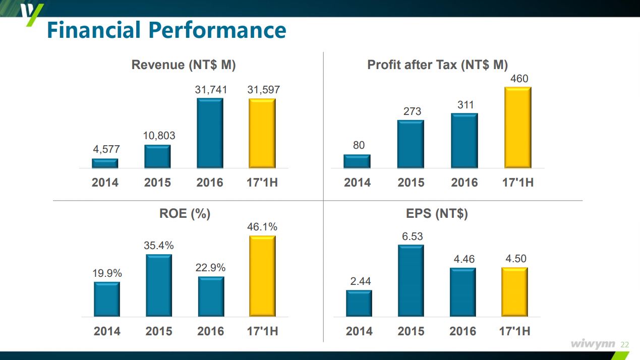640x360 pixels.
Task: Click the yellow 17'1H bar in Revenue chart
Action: click(x=262, y=133)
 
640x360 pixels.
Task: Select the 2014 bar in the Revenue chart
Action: click(x=105, y=163)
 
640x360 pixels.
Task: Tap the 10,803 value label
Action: click(x=158, y=136)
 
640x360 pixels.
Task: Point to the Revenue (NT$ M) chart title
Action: click(x=184, y=65)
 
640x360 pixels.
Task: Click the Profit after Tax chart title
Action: click(x=437, y=65)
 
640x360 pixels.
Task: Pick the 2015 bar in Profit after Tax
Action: click(x=411, y=144)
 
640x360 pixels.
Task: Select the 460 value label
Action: click(x=519, y=79)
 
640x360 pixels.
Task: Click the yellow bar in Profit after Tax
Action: click(x=518, y=128)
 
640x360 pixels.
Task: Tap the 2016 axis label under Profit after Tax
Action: click(x=464, y=183)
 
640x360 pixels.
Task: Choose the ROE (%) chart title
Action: click(x=185, y=214)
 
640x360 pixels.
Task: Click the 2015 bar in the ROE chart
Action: click(x=159, y=285)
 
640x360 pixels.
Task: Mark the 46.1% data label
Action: click(x=262, y=227)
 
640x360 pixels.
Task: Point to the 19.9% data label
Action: click(x=107, y=273)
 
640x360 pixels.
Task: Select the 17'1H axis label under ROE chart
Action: click(x=262, y=331)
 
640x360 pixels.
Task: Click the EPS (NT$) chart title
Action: click(x=437, y=214)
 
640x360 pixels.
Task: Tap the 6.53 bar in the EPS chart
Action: click(x=411, y=281)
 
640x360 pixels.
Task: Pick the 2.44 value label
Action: click(x=361, y=281)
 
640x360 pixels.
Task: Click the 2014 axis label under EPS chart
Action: click(x=359, y=331)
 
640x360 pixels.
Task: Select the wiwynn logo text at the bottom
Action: click(x=593, y=344)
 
